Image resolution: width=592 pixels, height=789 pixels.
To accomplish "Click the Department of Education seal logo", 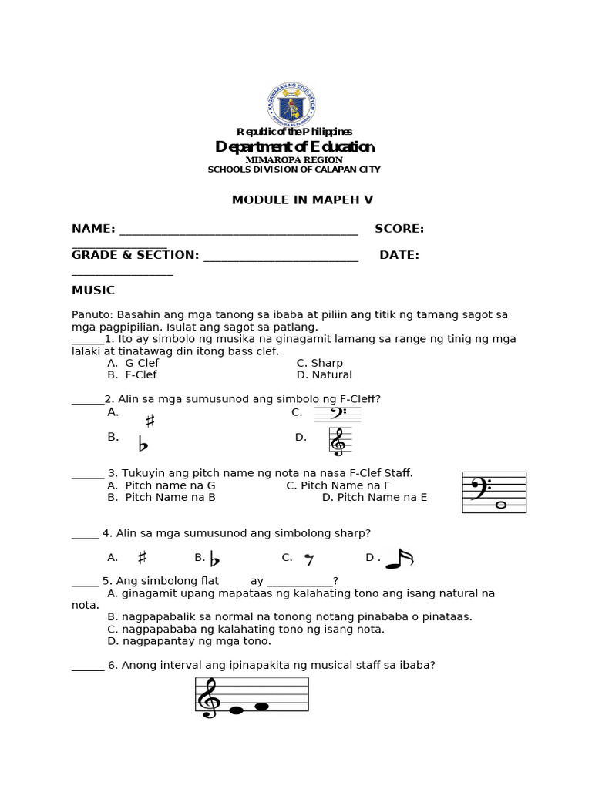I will [291, 105].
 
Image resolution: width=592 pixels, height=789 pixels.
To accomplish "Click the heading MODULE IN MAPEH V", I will [302, 200].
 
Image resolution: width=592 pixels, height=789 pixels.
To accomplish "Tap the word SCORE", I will [399, 229].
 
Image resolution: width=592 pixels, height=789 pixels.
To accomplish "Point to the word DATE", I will [399, 255].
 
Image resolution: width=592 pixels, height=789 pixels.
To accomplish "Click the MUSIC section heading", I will [93, 290].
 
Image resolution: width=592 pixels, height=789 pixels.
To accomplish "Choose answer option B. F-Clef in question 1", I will [132, 375].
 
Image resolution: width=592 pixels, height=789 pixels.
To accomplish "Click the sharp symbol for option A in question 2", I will [150, 421].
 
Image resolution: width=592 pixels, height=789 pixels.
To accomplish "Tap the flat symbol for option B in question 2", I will [143, 444].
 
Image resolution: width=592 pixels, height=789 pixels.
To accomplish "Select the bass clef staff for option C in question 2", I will [338, 415].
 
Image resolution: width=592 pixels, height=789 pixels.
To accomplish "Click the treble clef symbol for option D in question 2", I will [338, 442].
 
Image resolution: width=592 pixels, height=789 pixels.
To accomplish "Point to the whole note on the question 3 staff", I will [500, 505].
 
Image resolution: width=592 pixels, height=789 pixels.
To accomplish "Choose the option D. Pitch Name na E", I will [374, 498].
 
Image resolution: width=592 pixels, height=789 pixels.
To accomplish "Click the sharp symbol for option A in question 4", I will [142, 557].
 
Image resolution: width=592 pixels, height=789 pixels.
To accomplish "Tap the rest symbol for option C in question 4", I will [309, 559].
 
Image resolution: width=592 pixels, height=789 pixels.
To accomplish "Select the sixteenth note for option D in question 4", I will [399, 559].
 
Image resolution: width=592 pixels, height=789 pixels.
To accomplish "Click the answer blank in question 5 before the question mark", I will [300, 582].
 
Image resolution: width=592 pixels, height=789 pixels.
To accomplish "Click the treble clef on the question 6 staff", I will [208, 697].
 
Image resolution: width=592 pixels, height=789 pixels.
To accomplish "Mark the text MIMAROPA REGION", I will [294, 159].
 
